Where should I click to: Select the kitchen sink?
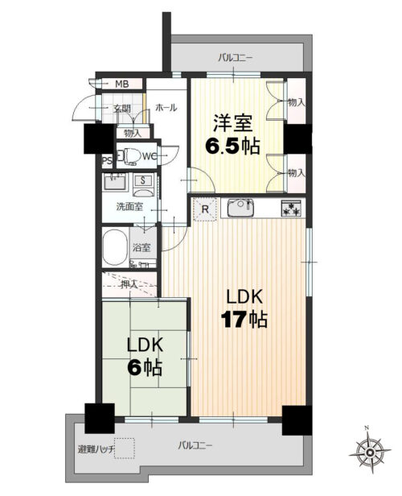pos(240,207)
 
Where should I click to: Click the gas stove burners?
pos(292,208)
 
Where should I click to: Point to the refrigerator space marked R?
pos(205,209)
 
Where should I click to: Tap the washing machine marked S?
pos(143,184)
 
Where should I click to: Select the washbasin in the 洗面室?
pos(115,182)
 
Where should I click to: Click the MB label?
pos(121,84)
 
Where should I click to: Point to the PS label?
pos(107,161)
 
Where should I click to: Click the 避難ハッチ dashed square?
pos(125,448)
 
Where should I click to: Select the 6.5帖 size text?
pos(232,146)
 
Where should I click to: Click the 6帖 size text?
pos(145,367)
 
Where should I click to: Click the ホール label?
pos(166,108)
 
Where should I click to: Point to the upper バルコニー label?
pos(236,58)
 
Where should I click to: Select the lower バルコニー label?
pos(195,446)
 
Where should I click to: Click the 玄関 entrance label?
pos(122,109)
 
